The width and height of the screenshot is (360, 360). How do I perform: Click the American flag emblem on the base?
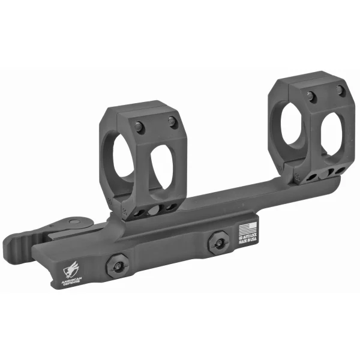point(245,228)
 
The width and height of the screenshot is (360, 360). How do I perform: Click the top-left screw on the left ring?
point(139,127)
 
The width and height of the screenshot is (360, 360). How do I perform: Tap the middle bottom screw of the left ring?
point(154,210)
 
